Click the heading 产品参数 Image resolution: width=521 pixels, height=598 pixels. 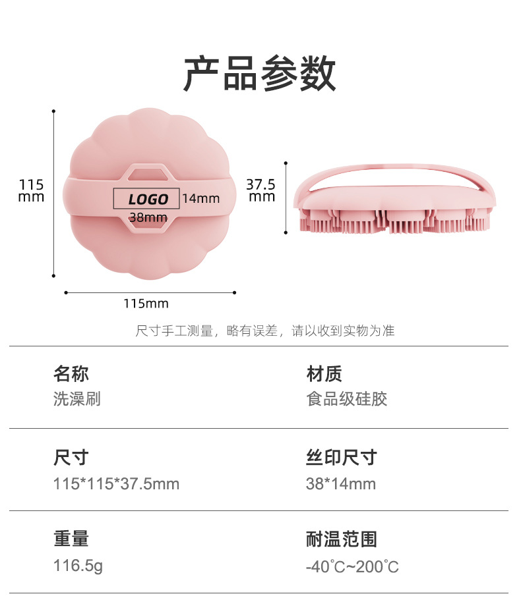[x=260, y=74]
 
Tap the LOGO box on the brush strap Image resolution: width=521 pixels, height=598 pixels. [x=147, y=198]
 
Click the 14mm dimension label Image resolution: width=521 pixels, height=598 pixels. [x=200, y=198]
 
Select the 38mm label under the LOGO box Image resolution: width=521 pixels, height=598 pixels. [x=148, y=217]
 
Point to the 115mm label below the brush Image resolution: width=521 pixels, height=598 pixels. [x=146, y=304]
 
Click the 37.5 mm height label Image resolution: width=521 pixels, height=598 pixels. [x=260, y=190]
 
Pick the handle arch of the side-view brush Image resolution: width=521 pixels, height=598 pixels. [x=394, y=167]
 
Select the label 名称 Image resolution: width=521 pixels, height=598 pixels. [x=71, y=374]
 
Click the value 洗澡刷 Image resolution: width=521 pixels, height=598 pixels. [x=77, y=399]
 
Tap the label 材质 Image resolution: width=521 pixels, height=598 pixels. [x=324, y=374]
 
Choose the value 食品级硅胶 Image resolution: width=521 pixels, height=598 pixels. [x=346, y=399]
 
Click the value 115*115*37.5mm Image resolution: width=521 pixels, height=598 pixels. [x=116, y=484]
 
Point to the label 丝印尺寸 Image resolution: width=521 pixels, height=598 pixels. [x=341, y=457]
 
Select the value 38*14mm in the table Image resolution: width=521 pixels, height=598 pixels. [x=340, y=484]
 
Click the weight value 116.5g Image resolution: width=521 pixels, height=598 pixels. [x=78, y=566]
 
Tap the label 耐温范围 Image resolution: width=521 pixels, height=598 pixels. [x=341, y=539]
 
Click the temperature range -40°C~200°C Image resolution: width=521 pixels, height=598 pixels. [x=352, y=566]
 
